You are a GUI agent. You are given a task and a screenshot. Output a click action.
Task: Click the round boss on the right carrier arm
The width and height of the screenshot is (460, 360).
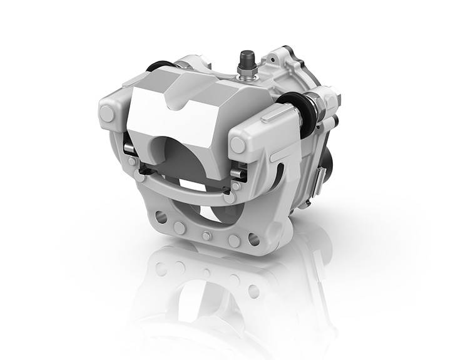(238, 145)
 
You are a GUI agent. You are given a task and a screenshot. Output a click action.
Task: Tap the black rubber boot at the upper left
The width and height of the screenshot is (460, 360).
(161, 64)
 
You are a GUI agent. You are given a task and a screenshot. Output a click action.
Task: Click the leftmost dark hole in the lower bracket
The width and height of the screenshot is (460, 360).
(161, 217)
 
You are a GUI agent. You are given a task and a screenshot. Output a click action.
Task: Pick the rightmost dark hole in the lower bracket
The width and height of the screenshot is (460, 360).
(253, 239)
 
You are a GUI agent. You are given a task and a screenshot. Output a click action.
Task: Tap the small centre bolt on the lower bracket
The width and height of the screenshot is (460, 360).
(206, 236)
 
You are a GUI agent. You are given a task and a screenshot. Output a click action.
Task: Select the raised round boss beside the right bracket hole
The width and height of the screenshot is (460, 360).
(234, 241)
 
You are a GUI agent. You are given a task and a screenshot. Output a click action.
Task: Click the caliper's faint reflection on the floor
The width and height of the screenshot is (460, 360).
(207, 294)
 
